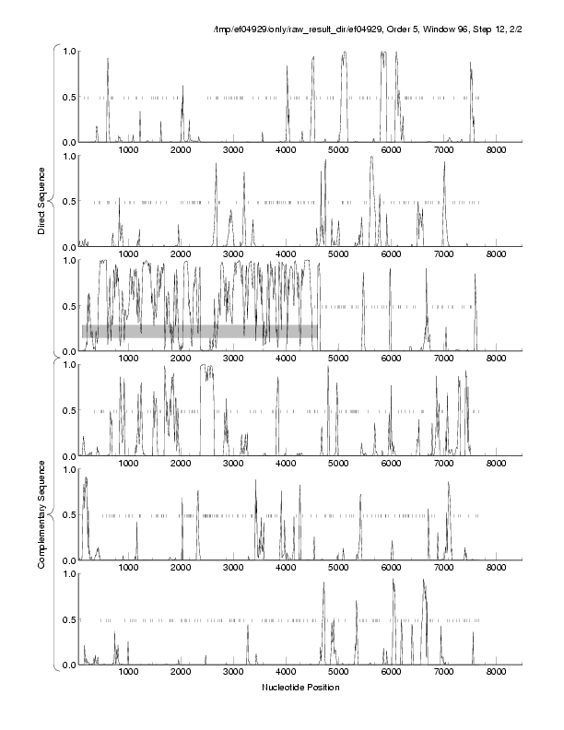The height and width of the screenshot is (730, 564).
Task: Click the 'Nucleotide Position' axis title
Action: (300, 687)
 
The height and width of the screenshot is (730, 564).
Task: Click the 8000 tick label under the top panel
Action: (497, 150)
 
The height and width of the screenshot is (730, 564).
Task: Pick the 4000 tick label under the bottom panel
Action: (286, 673)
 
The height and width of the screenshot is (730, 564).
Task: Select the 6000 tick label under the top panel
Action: (391, 150)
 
